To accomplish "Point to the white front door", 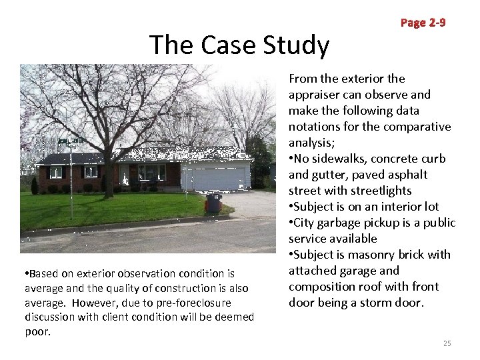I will click(x=141, y=175).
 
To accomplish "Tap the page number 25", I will click(x=447, y=343).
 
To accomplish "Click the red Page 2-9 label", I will click(x=423, y=23).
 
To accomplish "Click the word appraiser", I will click(x=315, y=95).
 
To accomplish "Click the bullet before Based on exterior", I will click(x=24, y=273).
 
